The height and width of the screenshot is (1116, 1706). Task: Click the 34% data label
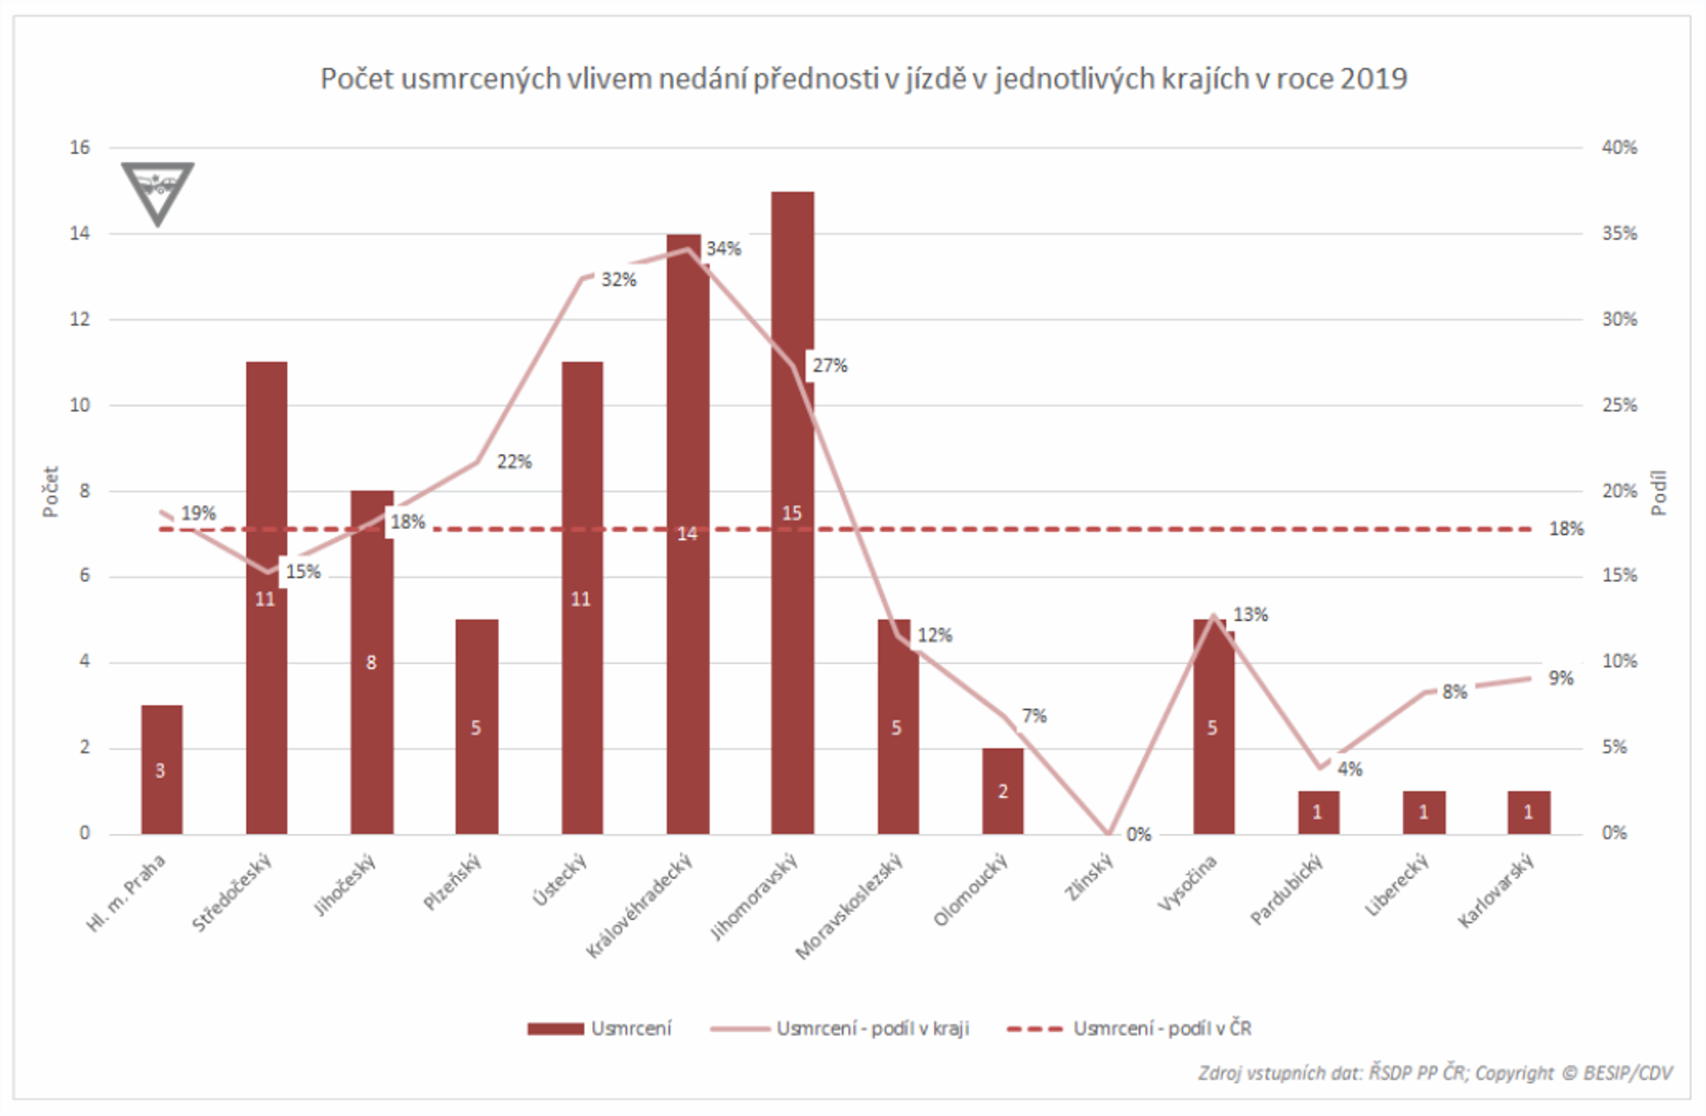[723, 249]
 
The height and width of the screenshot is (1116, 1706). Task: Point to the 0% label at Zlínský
[1138, 834]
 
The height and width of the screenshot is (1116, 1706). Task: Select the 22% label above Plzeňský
[514, 462]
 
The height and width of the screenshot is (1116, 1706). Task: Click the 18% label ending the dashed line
[1566, 529]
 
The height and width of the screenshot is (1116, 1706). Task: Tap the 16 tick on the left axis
[80, 148]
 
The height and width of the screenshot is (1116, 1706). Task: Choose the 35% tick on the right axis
[1619, 234]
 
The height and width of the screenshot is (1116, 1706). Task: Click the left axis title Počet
[50, 492]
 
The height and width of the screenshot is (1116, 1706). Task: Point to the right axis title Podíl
[1658, 493]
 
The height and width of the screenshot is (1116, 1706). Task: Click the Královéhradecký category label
[639, 906]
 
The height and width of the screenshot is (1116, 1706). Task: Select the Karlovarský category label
[1496, 891]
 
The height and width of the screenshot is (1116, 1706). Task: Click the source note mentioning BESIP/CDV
[1434, 1073]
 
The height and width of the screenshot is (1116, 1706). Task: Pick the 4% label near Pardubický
[1349, 769]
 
